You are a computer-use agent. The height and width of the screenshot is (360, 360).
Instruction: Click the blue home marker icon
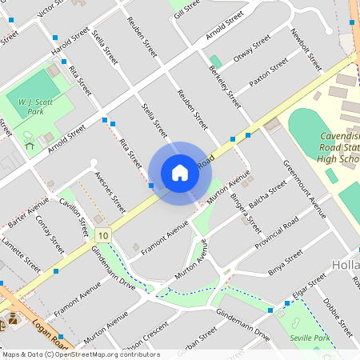(180, 173)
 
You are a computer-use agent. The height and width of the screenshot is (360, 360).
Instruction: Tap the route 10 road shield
(102, 235)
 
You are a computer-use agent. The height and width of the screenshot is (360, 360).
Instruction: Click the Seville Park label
(310, 338)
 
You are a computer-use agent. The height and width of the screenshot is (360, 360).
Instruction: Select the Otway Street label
(252, 51)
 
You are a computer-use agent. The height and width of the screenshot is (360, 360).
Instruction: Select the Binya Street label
(286, 263)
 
